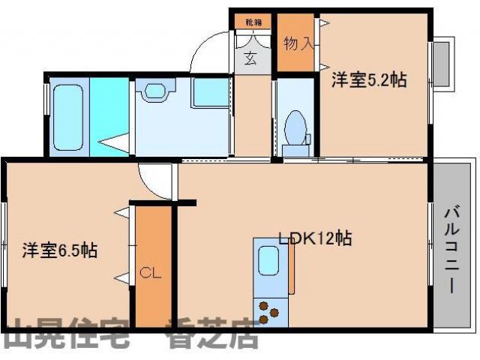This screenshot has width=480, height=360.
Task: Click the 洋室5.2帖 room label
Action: coord(369,79)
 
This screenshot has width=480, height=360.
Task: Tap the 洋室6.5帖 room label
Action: coord(58,250)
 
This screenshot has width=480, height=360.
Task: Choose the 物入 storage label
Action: coord(297,44)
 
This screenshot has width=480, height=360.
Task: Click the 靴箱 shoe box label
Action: coord(251,23)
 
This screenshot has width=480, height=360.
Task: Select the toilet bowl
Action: coord(297,127)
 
